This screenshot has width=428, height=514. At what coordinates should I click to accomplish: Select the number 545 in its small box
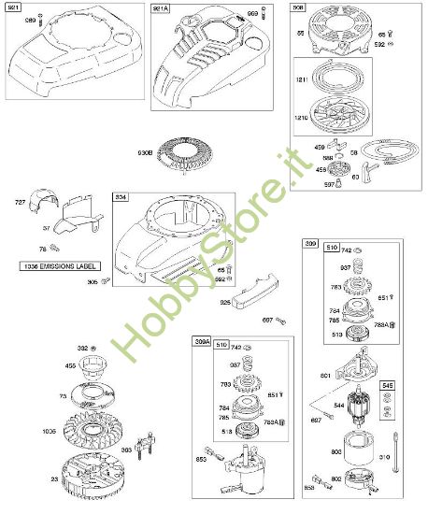tap(387, 383)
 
